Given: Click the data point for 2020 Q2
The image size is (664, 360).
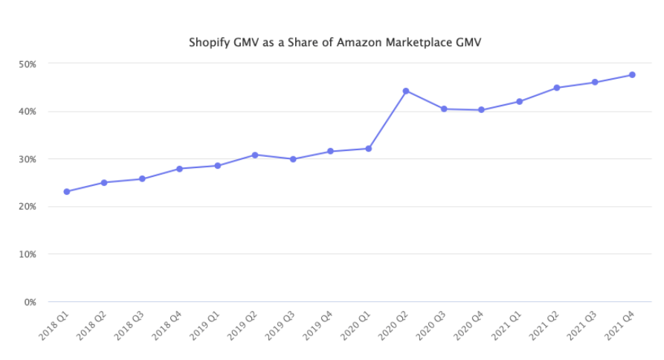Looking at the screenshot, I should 406,91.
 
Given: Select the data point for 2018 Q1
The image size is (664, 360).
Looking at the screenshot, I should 67,192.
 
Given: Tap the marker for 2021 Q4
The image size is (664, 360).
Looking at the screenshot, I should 632,74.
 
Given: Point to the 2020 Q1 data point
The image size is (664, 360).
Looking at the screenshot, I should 368,149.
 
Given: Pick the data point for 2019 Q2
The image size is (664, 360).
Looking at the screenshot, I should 255,155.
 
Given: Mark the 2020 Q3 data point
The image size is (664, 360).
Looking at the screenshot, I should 444,109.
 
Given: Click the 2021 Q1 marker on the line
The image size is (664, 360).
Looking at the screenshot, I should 519,101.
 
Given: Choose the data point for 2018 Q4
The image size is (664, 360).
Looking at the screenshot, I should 179,169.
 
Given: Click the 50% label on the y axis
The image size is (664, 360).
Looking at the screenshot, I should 28,64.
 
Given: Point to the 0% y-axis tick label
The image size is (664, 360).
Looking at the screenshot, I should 30,302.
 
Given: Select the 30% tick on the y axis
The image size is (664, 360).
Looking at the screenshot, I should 28,159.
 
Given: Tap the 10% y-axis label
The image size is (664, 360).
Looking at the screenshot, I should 28,254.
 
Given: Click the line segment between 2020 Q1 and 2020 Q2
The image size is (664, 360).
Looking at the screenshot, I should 387,120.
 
